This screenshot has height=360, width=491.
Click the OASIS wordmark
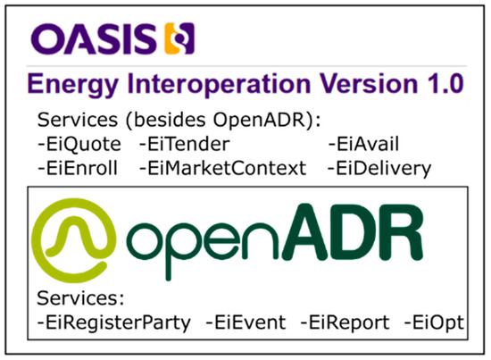93,39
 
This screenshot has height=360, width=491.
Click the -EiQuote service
83,143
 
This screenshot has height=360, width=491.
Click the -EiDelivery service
379,167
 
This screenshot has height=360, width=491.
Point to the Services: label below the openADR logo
71,297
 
